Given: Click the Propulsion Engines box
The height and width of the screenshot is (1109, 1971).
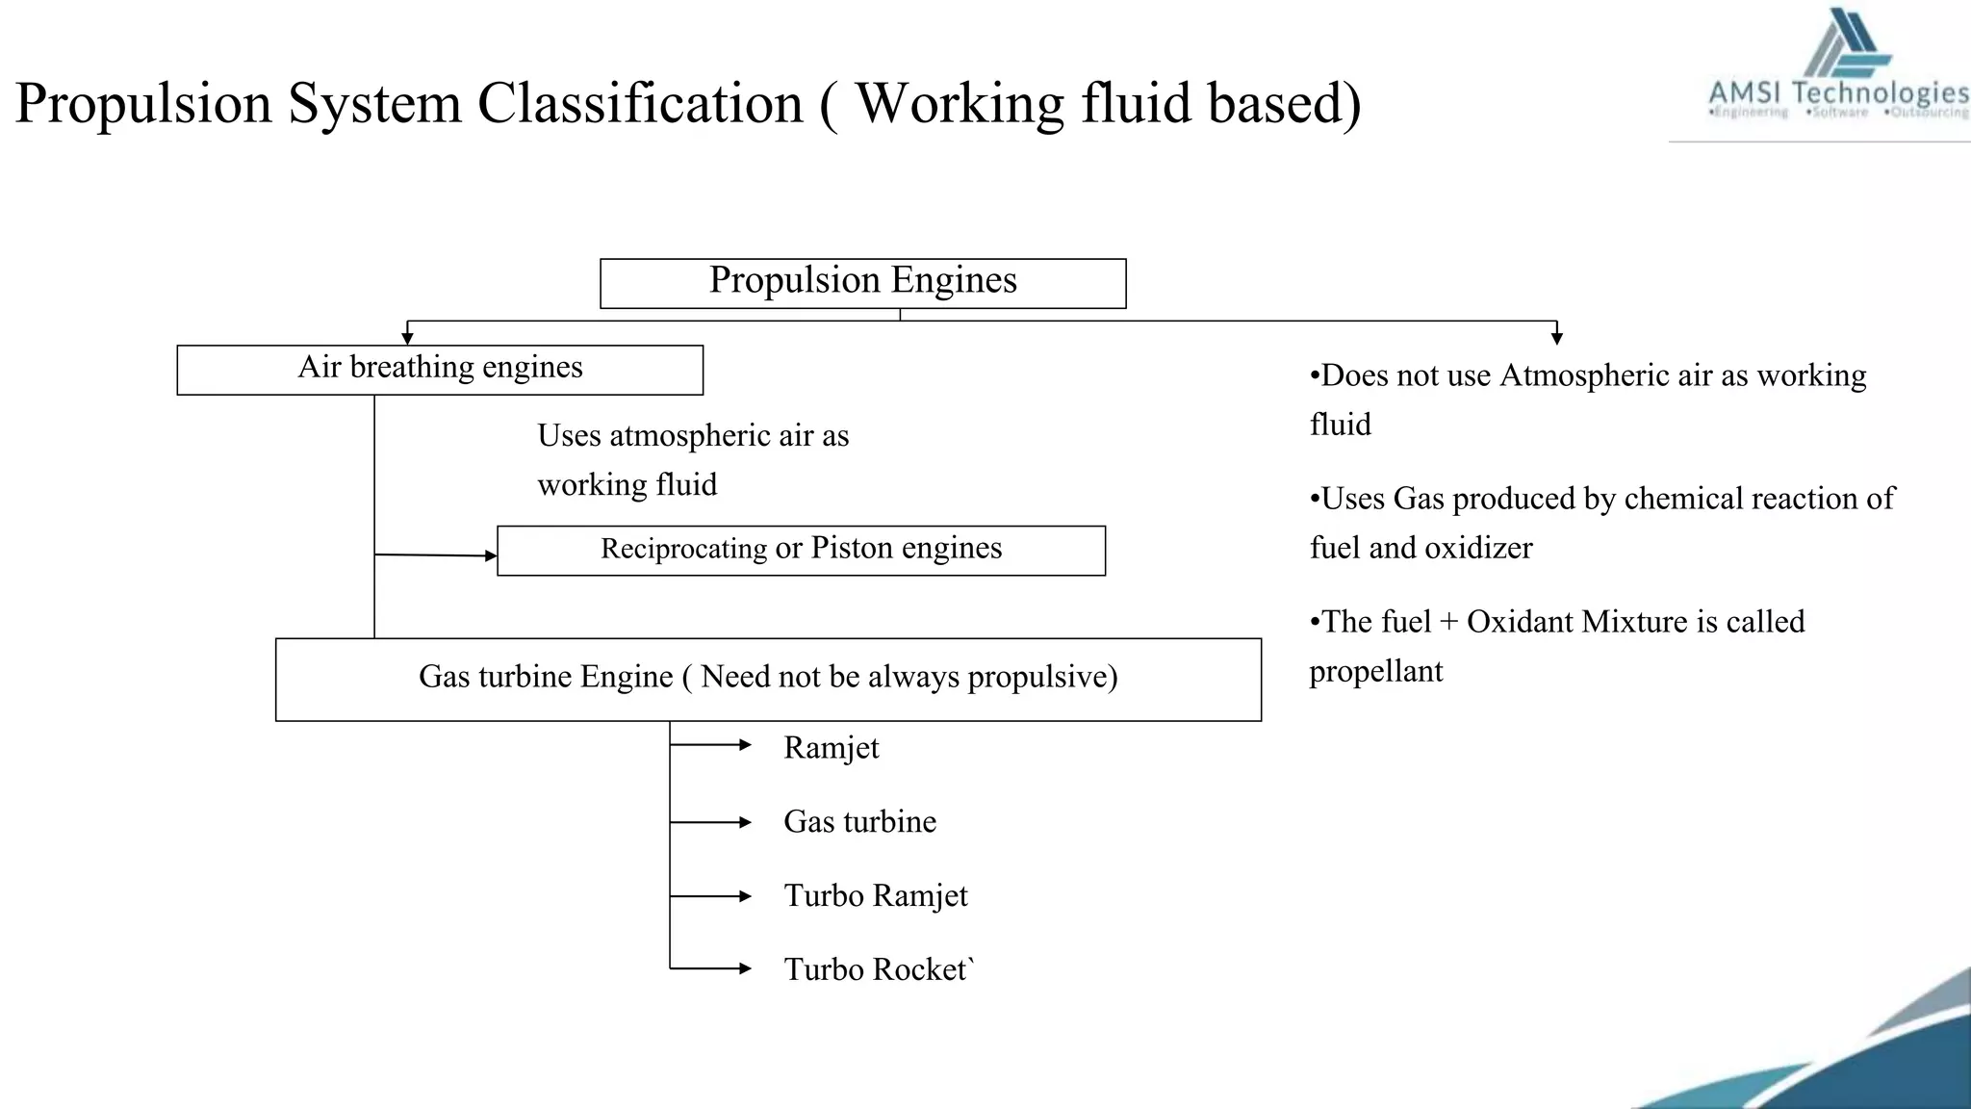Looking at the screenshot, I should tap(862, 282).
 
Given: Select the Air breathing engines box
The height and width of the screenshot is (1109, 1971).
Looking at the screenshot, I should tap(440, 369).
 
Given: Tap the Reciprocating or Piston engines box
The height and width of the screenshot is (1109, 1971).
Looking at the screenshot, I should tap(801, 550).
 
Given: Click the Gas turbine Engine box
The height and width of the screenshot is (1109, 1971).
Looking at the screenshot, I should tap(768, 678).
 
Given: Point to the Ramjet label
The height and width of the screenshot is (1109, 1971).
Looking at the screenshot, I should tap(831, 748).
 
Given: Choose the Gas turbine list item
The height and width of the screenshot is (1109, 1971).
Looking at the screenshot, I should tap(859, 822).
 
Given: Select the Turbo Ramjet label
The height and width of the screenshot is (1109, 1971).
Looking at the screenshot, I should tap(875, 896).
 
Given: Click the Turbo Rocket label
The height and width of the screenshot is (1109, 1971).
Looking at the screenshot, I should tap(877, 969).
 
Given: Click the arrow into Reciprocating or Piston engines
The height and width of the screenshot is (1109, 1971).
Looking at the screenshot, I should tap(436, 555).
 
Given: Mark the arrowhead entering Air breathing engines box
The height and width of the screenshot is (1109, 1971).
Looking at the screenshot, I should tap(407, 337).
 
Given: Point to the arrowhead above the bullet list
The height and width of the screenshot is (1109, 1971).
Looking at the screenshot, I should tap(1556, 337).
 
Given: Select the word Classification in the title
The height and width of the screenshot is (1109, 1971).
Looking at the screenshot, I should tap(640, 103).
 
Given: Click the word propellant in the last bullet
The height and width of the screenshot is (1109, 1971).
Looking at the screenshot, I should tap(1375, 671).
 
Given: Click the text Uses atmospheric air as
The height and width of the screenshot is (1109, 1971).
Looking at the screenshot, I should tap(693, 436).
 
